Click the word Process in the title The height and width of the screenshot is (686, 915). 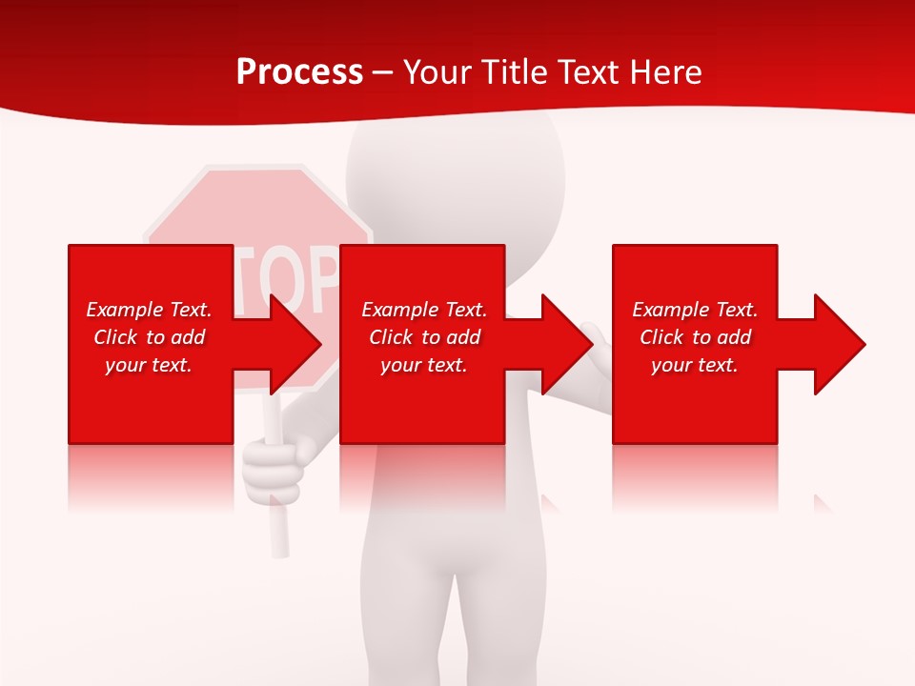(299, 72)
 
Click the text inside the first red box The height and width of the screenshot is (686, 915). (149, 337)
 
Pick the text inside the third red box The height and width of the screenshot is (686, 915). (695, 337)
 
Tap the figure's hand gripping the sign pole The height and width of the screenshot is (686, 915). (275, 467)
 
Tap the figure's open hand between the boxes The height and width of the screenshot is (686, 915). (600, 353)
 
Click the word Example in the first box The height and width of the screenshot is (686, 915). (124, 310)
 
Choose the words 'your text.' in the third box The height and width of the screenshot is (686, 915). (695, 365)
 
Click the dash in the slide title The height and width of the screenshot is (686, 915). (383, 72)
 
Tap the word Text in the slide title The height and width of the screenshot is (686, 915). (589, 72)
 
